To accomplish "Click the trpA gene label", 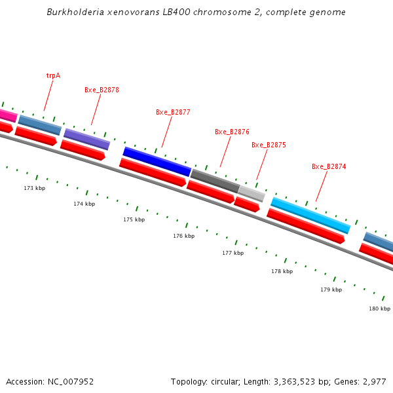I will coord(53,75).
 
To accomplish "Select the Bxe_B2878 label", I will coord(102,90).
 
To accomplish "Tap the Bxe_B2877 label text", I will coord(173,112).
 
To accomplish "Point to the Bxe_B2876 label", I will coord(232,132).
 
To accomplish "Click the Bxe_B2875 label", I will coord(269,145).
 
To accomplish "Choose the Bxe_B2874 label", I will coord(329,166).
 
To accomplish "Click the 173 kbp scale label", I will coord(35,188).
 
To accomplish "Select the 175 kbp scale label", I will coord(134,219).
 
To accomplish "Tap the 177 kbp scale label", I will coord(233,253).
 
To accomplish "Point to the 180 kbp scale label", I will coord(379,309).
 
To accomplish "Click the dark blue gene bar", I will coord(157,162).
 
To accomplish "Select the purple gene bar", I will coord(86,139).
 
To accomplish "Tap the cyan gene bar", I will coord(310,215).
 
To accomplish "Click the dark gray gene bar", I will coord(215,181).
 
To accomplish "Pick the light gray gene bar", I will coord(252,193).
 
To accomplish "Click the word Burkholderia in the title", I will coord(75,12).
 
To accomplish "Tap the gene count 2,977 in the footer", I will coord(374,381).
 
